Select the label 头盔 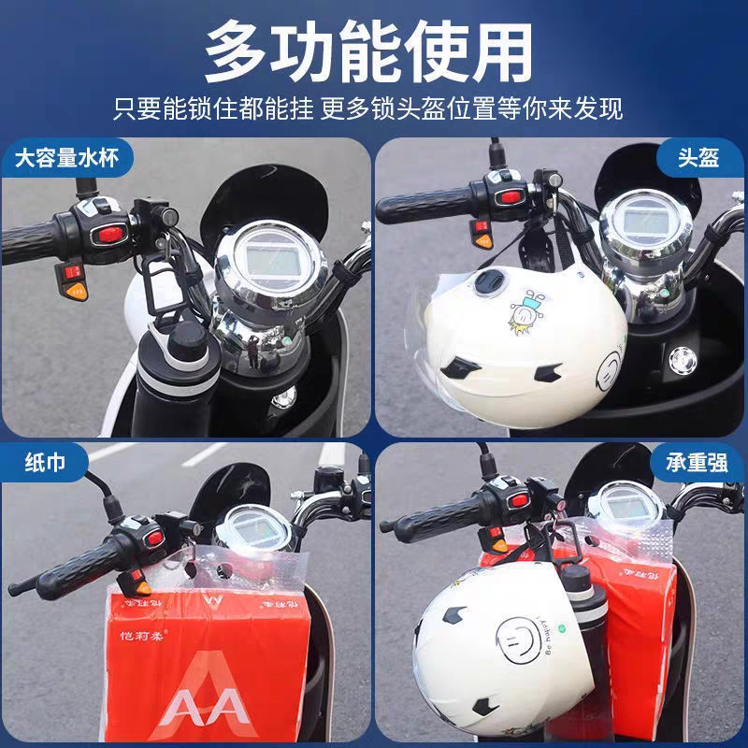point(698,156)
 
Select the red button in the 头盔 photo point(509,196)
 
